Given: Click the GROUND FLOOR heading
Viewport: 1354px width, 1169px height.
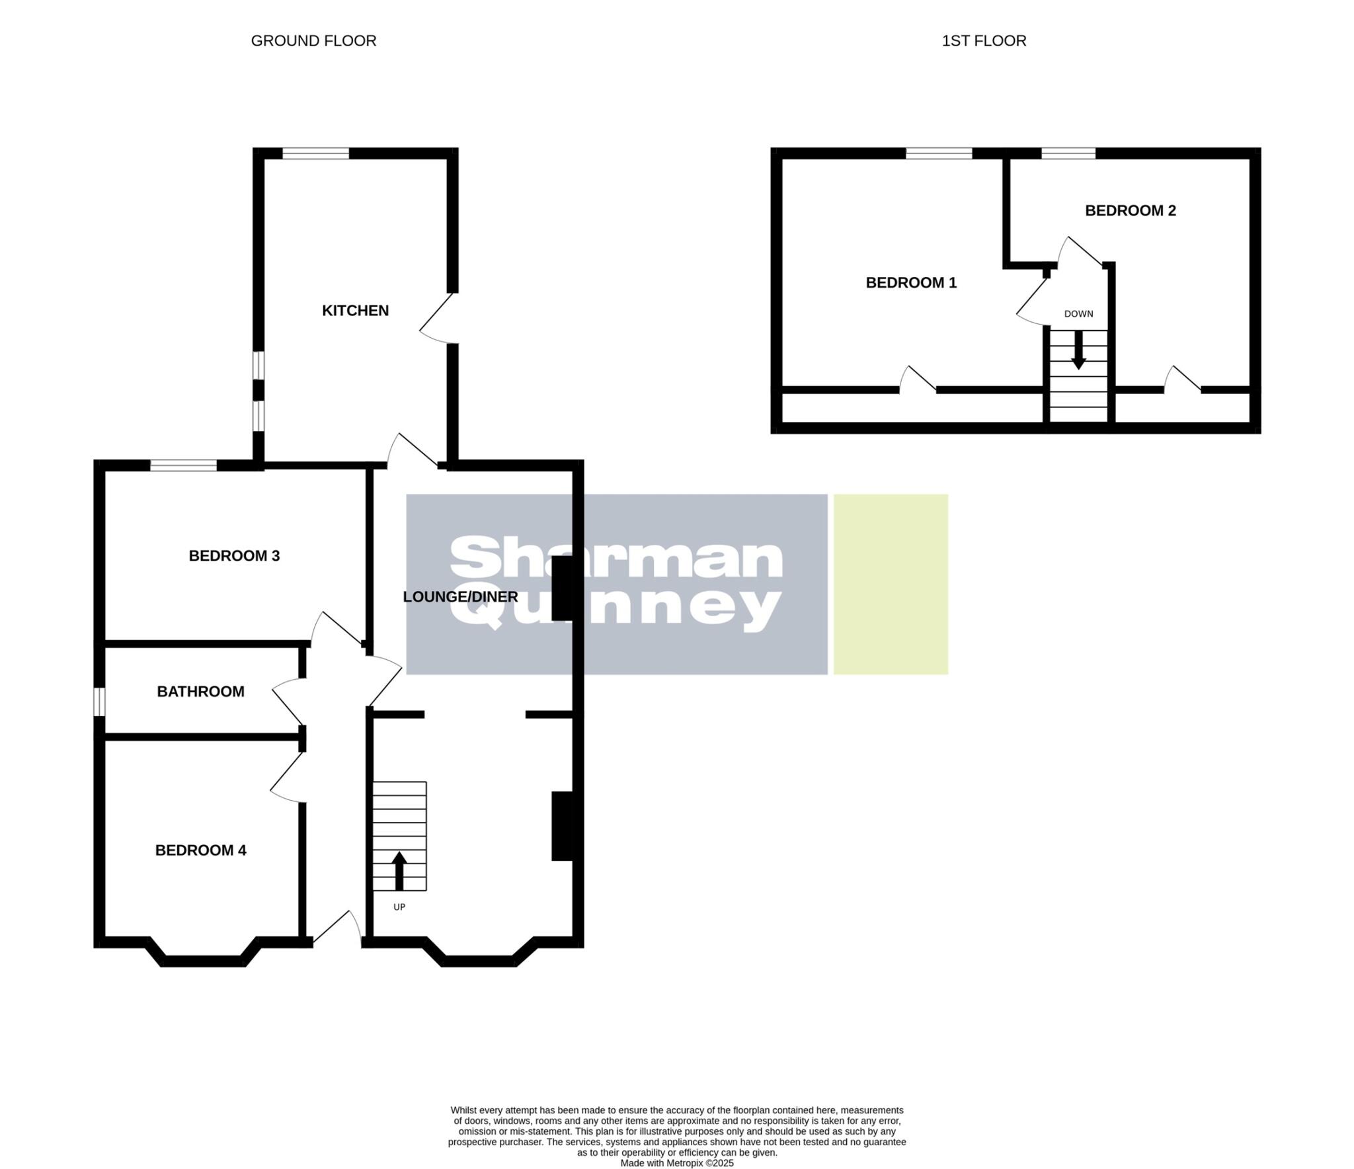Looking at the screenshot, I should click(x=313, y=41).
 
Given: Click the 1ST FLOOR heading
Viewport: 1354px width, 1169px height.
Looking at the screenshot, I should click(x=984, y=41).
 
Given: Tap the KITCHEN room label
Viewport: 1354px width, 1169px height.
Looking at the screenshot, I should click(x=355, y=311).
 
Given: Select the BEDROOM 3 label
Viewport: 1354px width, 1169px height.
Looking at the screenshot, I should click(x=234, y=556).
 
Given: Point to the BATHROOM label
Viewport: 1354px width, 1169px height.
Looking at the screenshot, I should click(x=200, y=692).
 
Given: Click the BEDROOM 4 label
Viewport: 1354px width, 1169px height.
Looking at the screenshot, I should click(x=200, y=850).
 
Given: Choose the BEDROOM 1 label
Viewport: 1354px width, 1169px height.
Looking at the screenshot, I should click(x=911, y=283).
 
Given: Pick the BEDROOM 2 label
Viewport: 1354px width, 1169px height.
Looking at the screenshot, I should click(x=1131, y=211).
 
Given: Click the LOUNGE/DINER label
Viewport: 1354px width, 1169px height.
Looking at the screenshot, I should click(x=460, y=597).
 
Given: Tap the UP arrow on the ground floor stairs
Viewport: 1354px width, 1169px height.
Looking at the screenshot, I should click(x=399, y=870).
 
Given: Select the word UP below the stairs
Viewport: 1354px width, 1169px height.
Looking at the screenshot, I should click(x=399, y=907).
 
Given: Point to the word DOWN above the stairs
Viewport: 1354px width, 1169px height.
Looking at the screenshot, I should click(x=1078, y=314).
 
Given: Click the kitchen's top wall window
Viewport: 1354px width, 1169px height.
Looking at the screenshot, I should click(x=315, y=153).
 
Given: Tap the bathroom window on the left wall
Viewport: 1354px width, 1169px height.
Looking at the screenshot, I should click(x=99, y=702).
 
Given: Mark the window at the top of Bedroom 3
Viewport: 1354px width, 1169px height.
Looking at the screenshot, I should click(x=183, y=465).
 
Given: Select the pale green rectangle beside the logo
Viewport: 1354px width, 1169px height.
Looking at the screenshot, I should click(x=891, y=584).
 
